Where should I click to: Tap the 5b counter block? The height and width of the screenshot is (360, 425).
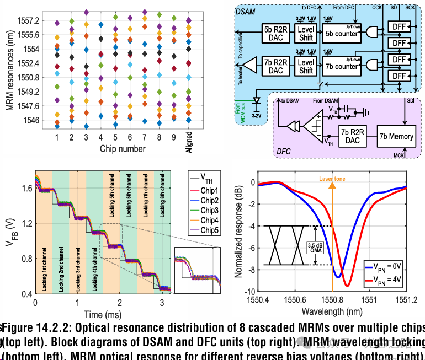[x=342, y=34]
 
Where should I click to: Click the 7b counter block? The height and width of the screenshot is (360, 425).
[x=342, y=67]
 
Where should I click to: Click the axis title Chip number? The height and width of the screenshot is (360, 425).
[x=123, y=149]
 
